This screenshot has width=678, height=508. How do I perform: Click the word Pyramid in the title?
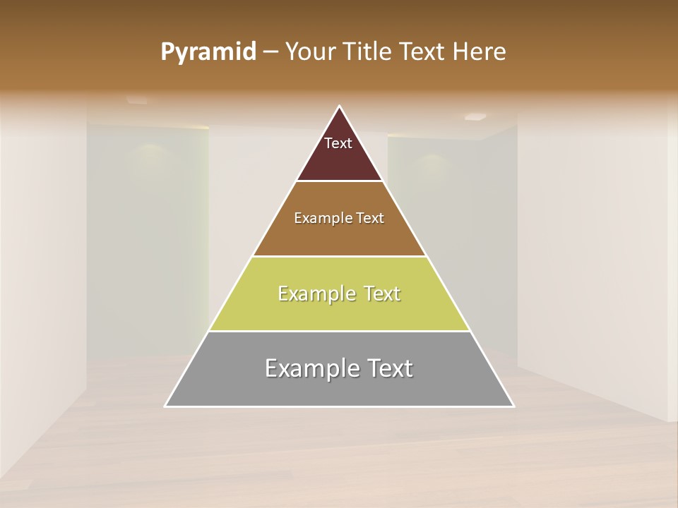(208, 52)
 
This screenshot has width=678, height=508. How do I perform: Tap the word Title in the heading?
(370, 52)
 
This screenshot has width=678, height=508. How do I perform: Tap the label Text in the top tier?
(338, 143)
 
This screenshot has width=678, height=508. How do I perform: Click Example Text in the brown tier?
(339, 218)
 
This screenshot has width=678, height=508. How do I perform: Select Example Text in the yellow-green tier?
(339, 294)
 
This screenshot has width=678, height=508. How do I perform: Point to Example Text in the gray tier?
(339, 368)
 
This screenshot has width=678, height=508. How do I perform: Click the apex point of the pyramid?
(340, 107)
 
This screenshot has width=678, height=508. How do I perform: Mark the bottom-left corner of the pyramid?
(165, 406)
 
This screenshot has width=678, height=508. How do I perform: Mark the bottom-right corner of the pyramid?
(513, 406)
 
